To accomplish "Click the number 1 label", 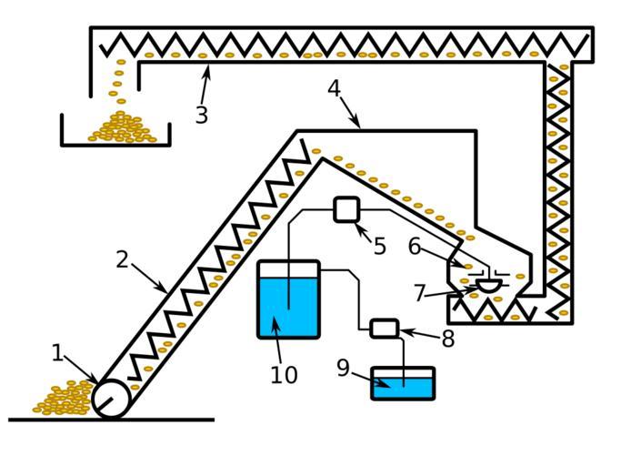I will coord(57,352).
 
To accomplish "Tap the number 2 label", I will coord(123,259).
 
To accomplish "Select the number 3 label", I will coord(201,116).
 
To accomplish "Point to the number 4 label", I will coord(334,89).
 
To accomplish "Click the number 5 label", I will coord(379,246).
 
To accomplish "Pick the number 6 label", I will coord(414,246).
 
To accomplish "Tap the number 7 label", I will coord(419,293).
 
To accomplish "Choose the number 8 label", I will coord(447,339).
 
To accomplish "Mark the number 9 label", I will coord(343,368).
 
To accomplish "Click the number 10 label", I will coord(283,375).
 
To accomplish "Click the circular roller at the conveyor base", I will coord(112,398).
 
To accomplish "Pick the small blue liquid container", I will coord(403,386).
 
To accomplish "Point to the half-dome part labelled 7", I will coord(488,286).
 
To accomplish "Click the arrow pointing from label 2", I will coord(150,279).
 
